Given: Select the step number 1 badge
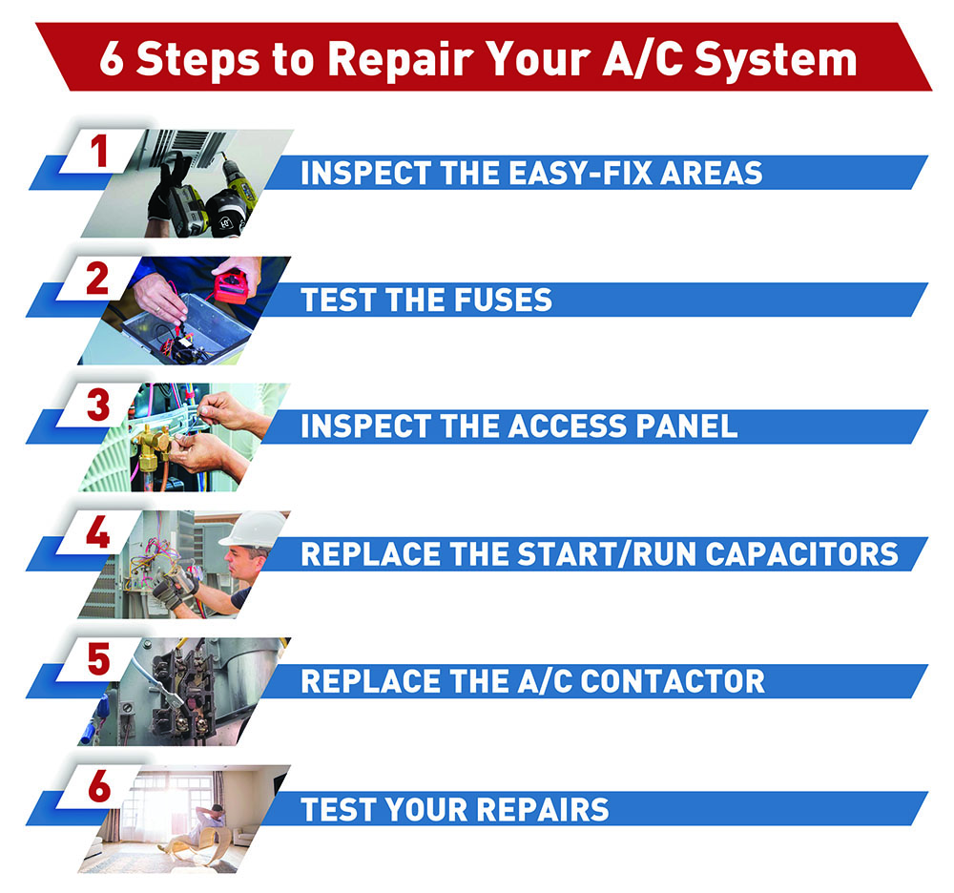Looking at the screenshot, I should (98, 152).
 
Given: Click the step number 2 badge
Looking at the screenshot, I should (98, 279).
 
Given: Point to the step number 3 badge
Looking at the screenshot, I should (98, 405).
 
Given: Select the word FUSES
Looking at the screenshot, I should (504, 301).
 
